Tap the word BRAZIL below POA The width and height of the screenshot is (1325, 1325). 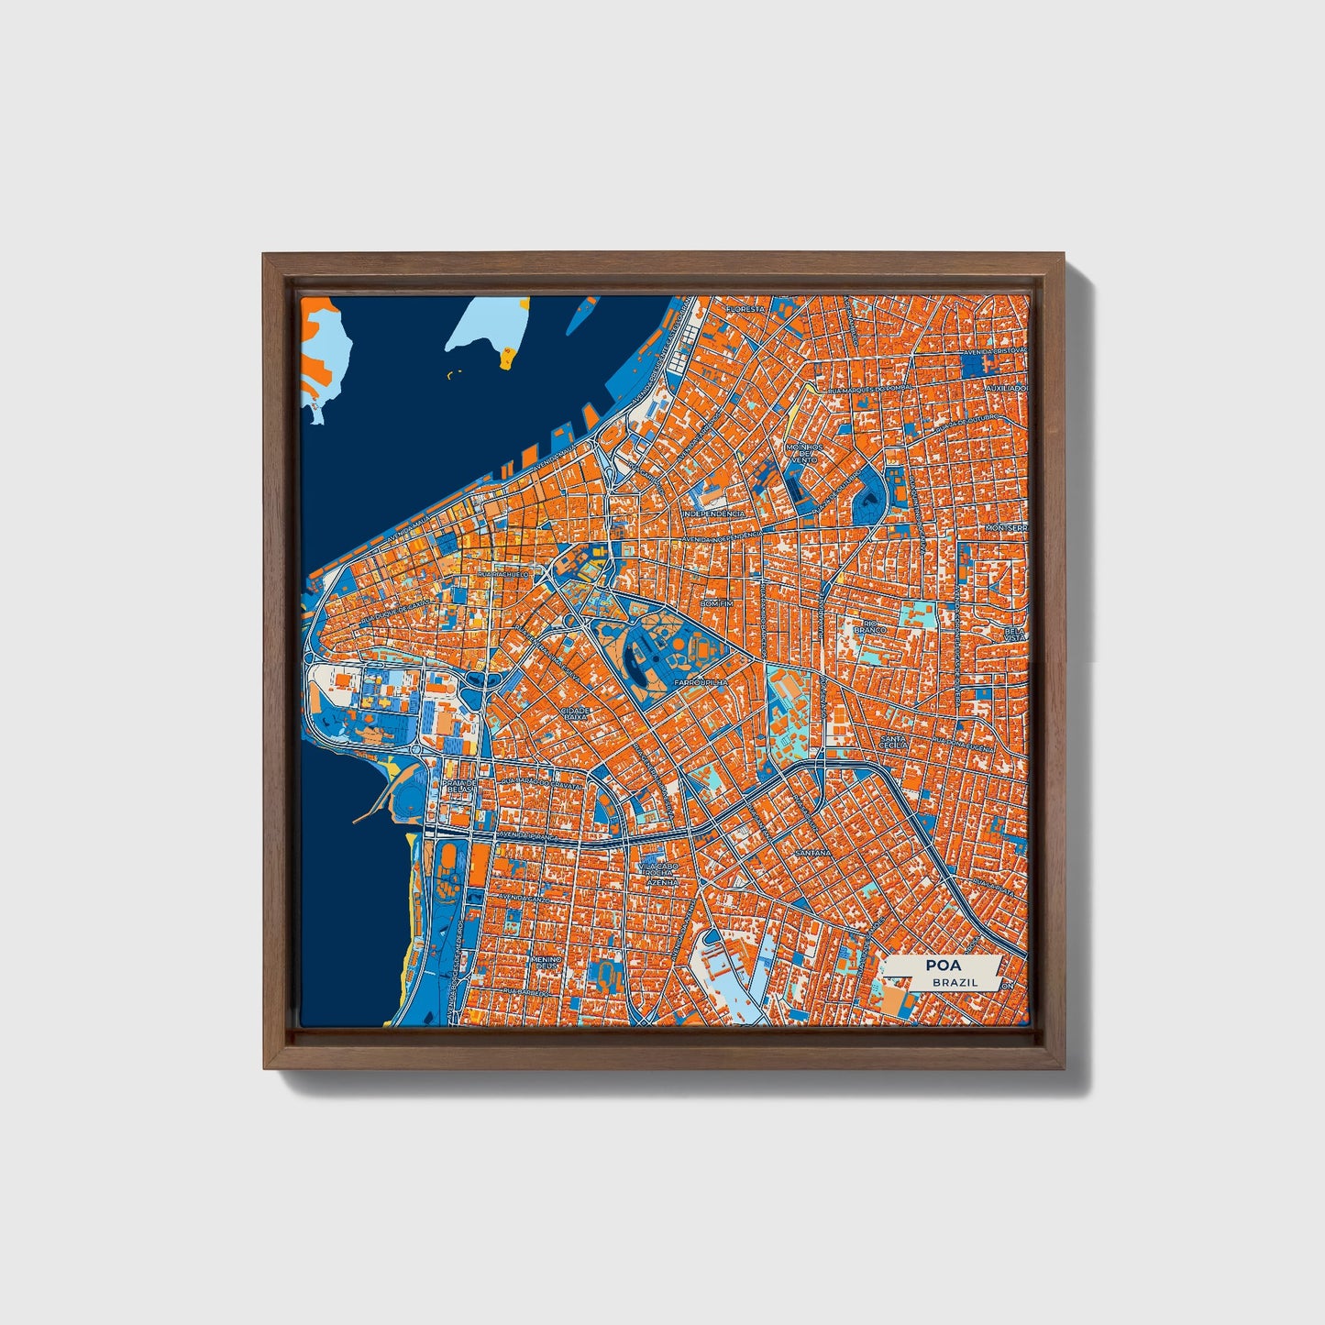(x=955, y=982)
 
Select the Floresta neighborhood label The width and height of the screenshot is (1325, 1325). (x=745, y=310)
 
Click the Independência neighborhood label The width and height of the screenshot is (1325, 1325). (x=714, y=514)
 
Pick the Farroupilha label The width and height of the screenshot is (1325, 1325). (x=700, y=683)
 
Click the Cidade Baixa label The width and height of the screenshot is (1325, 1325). (x=576, y=713)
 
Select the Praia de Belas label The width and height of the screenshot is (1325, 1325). (x=460, y=785)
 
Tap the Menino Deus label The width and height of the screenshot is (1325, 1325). (x=545, y=963)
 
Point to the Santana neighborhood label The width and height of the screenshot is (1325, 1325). (x=812, y=853)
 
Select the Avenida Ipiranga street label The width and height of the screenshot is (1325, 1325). (x=524, y=836)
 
